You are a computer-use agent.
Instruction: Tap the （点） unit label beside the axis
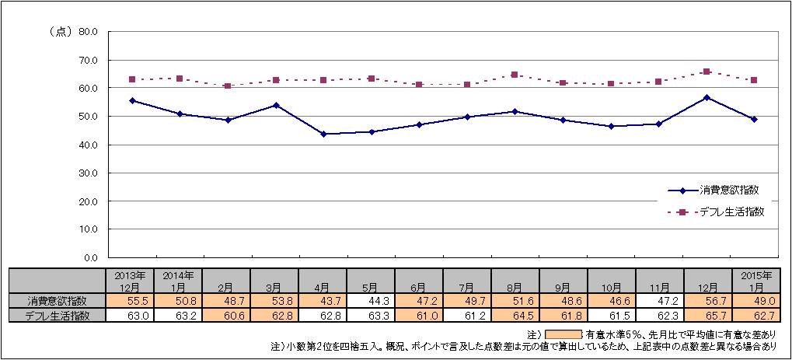point(61,32)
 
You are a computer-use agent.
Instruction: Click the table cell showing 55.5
point(132,301)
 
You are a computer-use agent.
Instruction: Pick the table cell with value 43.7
point(323,301)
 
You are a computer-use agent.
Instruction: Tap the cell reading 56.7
point(706,301)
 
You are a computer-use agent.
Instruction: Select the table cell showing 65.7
point(706,315)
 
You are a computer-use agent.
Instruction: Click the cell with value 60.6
point(228,315)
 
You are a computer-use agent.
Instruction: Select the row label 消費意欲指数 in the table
point(58,301)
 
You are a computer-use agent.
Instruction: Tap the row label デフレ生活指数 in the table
point(58,315)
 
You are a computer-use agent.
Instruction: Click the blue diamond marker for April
point(323,134)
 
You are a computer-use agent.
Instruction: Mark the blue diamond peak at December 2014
point(706,97)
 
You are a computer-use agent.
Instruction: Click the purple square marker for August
point(515,75)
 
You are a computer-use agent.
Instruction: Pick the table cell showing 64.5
point(515,315)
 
